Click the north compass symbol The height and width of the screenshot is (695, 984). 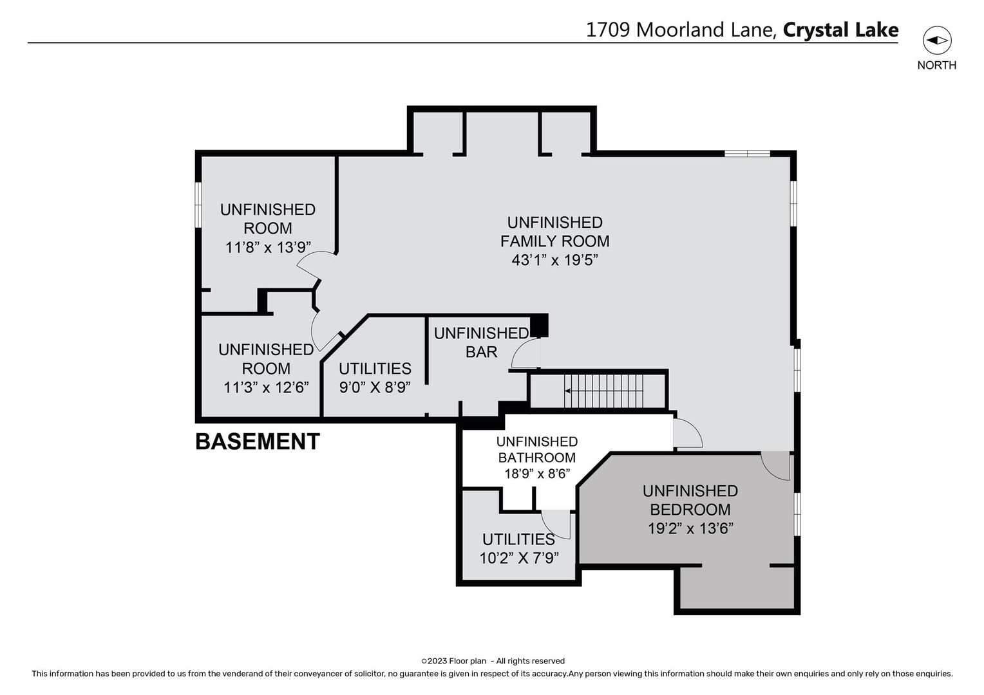(x=936, y=41)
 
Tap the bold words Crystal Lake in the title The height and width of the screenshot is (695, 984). (x=840, y=30)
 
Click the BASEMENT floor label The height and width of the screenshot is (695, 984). (x=257, y=441)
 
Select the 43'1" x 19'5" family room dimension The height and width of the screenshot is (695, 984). (x=554, y=260)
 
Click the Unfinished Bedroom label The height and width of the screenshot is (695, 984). (x=690, y=500)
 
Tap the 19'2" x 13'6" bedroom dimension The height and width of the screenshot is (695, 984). (x=690, y=528)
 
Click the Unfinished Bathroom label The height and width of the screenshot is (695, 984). (x=536, y=449)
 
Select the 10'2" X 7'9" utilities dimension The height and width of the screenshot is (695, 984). (x=518, y=557)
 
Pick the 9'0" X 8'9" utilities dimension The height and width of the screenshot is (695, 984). (x=375, y=387)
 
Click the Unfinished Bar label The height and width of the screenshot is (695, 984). (x=482, y=342)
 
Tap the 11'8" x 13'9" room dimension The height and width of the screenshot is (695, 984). (x=268, y=247)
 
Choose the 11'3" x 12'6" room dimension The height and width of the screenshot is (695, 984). (x=266, y=387)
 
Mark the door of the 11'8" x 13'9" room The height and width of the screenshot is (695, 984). (x=318, y=265)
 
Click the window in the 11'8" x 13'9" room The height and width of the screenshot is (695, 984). (x=199, y=203)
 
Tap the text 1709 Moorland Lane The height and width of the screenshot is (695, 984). (x=681, y=30)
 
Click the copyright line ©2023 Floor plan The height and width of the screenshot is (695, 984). (x=493, y=661)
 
